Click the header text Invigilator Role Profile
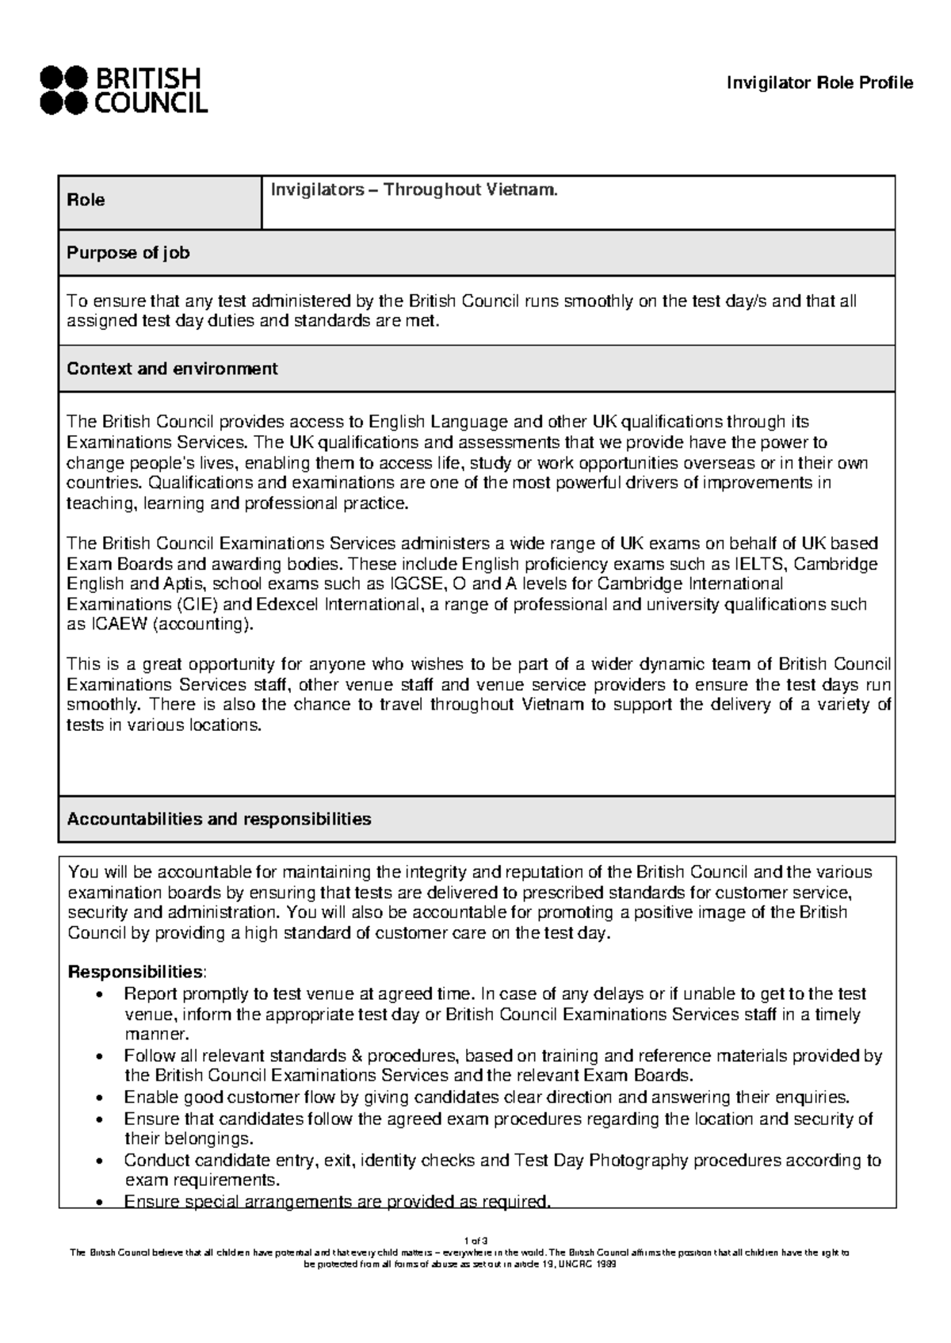(x=820, y=83)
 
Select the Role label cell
(x=86, y=201)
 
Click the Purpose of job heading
(x=128, y=253)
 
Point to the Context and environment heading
(x=172, y=369)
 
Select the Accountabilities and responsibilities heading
(x=219, y=819)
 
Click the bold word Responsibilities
(x=136, y=972)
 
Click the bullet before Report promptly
(x=97, y=995)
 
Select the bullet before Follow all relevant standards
(x=97, y=1057)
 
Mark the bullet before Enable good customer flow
(x=97, y=1098)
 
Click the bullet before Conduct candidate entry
(x=97, y=1161)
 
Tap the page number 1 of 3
(x=475, y=1241)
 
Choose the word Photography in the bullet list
(x=639, y=1161)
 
